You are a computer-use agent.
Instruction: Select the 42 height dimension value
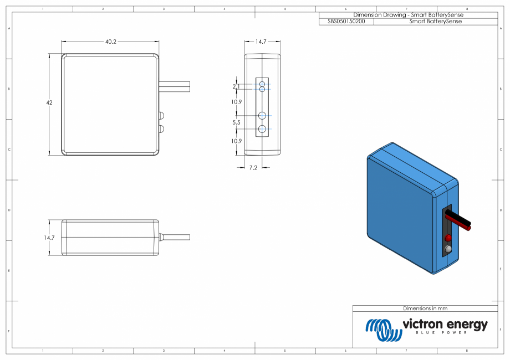point(50,103)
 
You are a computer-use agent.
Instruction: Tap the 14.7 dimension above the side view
point(261,42)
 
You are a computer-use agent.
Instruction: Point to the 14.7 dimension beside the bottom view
point(49,238)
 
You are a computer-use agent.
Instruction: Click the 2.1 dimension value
point(236,86)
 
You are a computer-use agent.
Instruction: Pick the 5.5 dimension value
point(236,122)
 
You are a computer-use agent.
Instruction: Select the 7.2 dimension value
point(252,167)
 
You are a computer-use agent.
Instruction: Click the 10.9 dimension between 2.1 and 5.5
point(236,102)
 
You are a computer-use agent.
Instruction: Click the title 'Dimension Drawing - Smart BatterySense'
point(408,15)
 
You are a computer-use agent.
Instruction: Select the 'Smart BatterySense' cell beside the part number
point(435,22)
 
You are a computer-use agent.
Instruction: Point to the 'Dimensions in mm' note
point(425,308)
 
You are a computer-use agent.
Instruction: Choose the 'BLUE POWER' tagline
point(441,333)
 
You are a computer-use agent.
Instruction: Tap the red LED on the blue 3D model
point(448,238)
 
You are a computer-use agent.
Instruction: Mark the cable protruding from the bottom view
point(176,238)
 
